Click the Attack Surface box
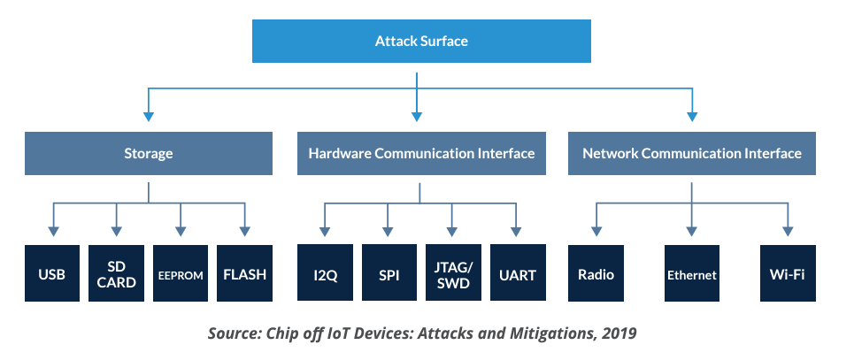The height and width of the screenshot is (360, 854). [421, 41]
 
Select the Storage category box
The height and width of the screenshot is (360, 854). [148, 153]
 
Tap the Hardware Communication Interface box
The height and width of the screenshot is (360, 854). [421, 153]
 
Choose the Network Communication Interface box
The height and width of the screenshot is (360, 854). [692, 153]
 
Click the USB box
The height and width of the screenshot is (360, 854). [51, 273]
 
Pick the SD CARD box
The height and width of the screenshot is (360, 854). [116, 273]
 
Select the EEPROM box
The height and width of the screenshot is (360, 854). [181, 273]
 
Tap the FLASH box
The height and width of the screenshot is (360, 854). [244, 273]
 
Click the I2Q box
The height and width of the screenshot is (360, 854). [325, 272]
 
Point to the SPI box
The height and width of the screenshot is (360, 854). [389, 272]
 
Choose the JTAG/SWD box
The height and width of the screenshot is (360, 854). [453, 272]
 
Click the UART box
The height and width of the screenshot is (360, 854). [518, 272]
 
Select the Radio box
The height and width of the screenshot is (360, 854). [596, 273]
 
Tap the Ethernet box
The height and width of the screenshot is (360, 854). [692, 273]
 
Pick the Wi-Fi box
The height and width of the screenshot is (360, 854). [788, 273]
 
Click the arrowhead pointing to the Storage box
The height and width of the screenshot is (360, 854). [148, 117]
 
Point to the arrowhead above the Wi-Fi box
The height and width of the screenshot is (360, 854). [788, 232]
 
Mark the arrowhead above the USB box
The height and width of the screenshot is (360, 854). [53, 232]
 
